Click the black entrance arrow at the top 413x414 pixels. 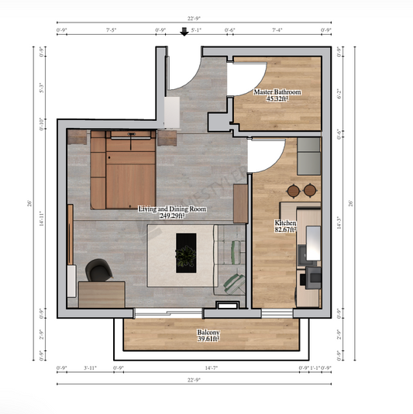pyautogui.click(x=184, y=32)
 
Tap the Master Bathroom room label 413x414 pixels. pyautogui.click(x=277, y=91)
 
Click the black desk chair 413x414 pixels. pyautogui.click(x=98, y=270)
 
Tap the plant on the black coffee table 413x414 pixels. pyautogui.click(x=186, y=254)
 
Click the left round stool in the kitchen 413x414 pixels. pyautogui.click(x=294, y=190)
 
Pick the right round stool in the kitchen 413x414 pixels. pyautogui.click(x=310, y=190)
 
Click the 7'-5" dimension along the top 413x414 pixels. pyautogui.click(x=111, y=31)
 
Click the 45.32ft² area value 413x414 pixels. pyautogui.click(x=277, y=99)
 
